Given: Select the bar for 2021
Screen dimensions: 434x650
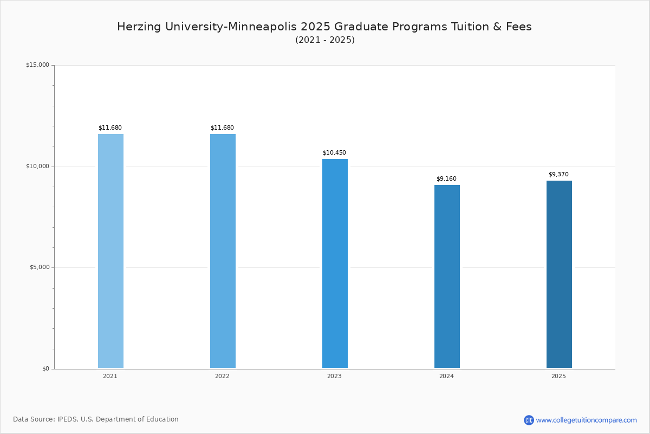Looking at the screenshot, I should click(110, 251).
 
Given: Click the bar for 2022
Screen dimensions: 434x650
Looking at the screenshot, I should click(223, 251).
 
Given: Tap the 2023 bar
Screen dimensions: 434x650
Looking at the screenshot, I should click(335, 263).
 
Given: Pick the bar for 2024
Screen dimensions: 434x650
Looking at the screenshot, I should click(447, 276).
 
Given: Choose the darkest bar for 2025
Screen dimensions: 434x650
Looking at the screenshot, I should click(559, 274).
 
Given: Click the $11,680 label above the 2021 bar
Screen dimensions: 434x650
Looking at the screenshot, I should click(110, 128).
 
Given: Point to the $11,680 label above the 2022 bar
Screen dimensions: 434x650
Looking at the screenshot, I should click(222, 128).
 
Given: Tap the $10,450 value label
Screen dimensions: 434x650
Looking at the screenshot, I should click(334, 153).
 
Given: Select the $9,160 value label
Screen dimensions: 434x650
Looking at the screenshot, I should click(446, 179).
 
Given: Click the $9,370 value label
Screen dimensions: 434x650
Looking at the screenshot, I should click(558, 175).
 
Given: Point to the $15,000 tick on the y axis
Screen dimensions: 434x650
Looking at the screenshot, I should click(37, 65).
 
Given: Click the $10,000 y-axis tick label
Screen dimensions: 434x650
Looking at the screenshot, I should click(37, 167).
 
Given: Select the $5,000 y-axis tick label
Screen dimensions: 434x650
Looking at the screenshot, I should click(38, 267).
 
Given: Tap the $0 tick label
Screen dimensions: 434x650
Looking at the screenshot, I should click(45, 369).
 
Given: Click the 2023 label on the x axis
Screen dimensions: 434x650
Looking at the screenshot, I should click(334, 376).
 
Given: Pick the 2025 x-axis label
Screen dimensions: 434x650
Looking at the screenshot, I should click(558, 376).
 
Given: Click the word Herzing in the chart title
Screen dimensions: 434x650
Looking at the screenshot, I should click(138, 27).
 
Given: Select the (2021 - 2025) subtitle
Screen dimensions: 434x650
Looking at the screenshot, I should click(325, 40).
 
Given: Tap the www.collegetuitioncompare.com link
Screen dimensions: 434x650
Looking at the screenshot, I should click(586, 420).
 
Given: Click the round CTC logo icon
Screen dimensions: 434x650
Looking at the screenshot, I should click(529, 420).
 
